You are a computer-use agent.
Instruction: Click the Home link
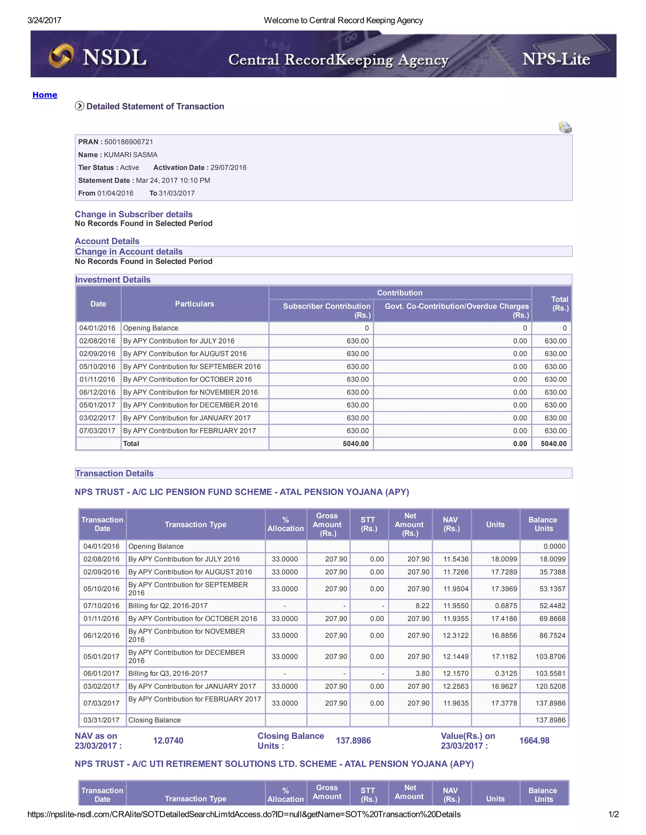point(45,95)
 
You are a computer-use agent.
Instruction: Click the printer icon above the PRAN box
point(565,127)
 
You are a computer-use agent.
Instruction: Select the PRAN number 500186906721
point(129,142)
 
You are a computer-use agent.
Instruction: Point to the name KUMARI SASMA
point(131,155)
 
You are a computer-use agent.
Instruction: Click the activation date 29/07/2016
point(228,167)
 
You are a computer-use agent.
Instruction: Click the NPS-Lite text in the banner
point(556,59)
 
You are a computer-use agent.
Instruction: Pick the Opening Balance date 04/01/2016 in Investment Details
point(97,328)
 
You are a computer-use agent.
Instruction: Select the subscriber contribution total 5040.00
point(355,444)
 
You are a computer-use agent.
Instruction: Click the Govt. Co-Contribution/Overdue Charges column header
point(456,310)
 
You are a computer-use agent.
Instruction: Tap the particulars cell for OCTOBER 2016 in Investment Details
point(188,379)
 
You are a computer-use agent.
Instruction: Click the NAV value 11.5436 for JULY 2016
point(455,559)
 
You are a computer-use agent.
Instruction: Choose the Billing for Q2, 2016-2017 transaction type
point(168,606)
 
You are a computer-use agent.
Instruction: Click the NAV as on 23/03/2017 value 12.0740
point(168,740)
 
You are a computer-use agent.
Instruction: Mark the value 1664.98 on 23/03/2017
point(534,740)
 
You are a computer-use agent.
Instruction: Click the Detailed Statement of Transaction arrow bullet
point(79,106)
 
